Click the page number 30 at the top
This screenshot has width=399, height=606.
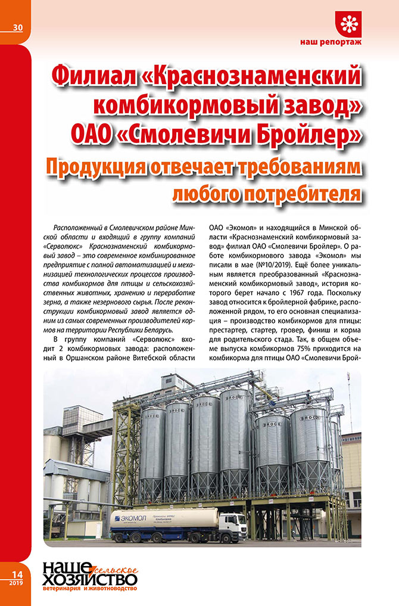16,27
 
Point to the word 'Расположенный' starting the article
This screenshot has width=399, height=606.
82,228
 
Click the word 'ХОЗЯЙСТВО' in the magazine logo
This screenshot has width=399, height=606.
89,579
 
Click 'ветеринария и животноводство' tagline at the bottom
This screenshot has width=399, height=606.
89,589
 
